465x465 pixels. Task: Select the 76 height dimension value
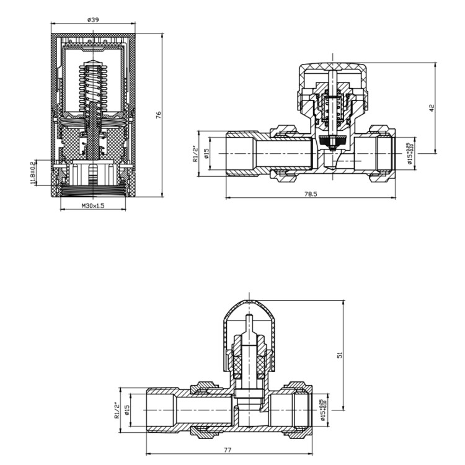[x=159, y=115]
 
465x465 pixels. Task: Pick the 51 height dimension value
[x=339, y=354]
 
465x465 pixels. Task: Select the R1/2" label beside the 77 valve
[x=117, y=411]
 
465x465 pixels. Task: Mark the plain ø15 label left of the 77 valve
[x=127, y=410]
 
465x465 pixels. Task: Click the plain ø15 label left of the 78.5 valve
[x=207, y=152]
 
